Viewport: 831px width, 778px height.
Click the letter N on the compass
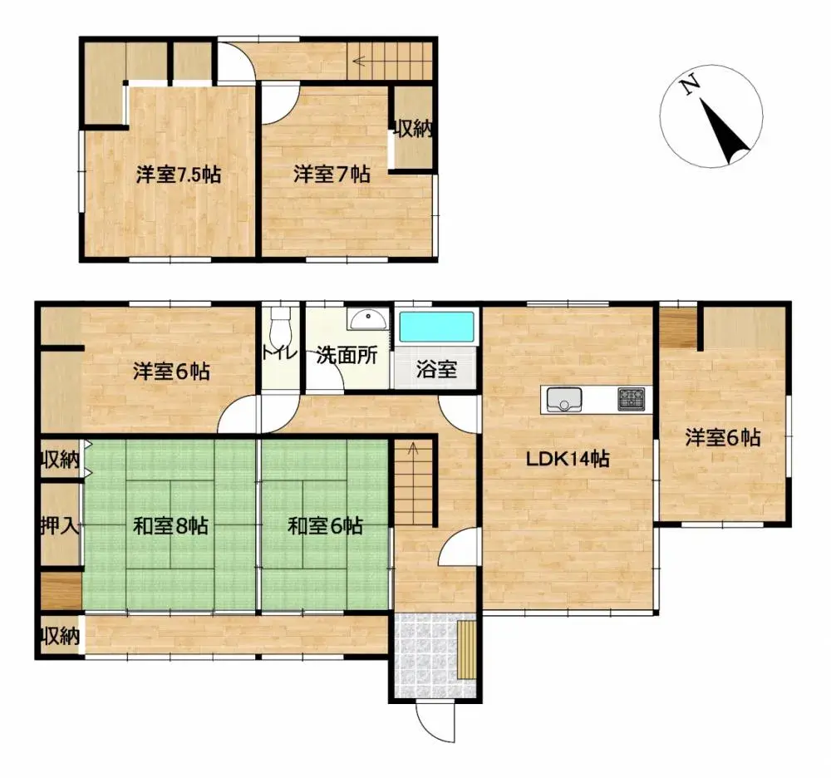coord(688,86)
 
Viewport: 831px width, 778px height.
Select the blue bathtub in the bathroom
coord(436,327)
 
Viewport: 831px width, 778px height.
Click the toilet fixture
coord(280,320)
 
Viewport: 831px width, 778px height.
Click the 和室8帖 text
coord(171,526)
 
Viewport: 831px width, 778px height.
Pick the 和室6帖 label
coord(325,526)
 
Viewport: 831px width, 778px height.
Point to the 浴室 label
coord(436,370)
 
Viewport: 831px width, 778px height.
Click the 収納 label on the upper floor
coord(413,129)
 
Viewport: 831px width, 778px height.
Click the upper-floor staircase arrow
coord(360,60)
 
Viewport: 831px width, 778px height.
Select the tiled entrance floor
coord(424,657)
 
